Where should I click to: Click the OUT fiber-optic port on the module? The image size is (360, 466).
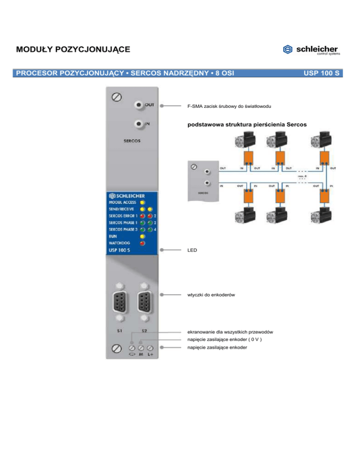coord(139,105)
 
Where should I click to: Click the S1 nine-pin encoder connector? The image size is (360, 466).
coord(120,302)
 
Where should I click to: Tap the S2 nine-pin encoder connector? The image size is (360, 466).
coord(144,302)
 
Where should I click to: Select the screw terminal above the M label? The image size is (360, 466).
coord(141,348)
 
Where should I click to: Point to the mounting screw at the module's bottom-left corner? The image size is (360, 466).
coord(115,348)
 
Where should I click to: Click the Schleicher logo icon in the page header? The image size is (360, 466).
coord(288,49)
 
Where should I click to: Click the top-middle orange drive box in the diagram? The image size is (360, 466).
coord(280,157)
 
